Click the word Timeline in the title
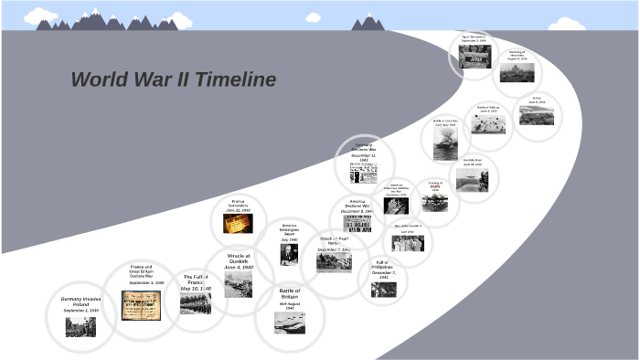(229, 80)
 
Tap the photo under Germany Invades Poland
(80, 326)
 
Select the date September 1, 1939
(80, 311)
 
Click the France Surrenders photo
(240, 223)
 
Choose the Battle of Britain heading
(290, 294)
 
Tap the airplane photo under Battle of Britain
(289, 322)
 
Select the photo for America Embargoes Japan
(289, 253)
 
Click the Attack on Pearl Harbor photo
(334, 262)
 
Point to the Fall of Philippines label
(384, 267)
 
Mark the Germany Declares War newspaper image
(364, 173)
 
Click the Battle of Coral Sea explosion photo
(445, 143)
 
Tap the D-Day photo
(536, 115)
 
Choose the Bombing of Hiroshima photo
(517, 71)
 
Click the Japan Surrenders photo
(475, 56)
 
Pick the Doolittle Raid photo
(472, 179)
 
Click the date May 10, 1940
(196, 289)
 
